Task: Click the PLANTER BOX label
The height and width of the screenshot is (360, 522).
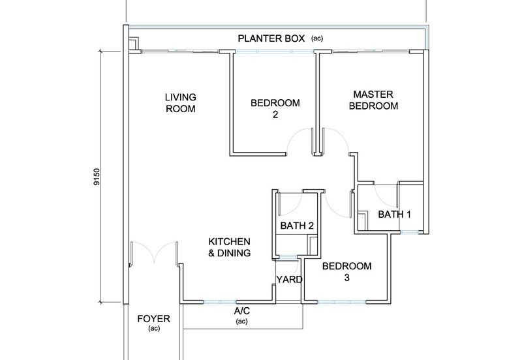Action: coord(271,38)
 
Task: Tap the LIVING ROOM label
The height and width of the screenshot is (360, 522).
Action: coord(180,103)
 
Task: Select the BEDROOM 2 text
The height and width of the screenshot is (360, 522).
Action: coord(275,109)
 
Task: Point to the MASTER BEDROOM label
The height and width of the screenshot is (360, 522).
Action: coord(373,100)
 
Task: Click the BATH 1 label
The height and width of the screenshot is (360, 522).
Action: coord(395,214)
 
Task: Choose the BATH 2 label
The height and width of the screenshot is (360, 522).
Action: coord(298,226)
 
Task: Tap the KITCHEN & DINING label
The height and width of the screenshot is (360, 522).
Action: coord(229,247)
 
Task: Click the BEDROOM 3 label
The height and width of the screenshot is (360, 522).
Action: coord(347,272)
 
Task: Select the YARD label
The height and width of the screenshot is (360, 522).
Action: coord(288,280)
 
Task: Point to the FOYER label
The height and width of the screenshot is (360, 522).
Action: coord(154,319)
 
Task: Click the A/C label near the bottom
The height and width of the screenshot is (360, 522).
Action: coord(242,312)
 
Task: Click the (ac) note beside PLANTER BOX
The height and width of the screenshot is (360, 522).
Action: coord(317,39)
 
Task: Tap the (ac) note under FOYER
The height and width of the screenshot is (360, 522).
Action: coord(154,329)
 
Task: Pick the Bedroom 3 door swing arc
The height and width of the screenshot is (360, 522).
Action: coord(337,203)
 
